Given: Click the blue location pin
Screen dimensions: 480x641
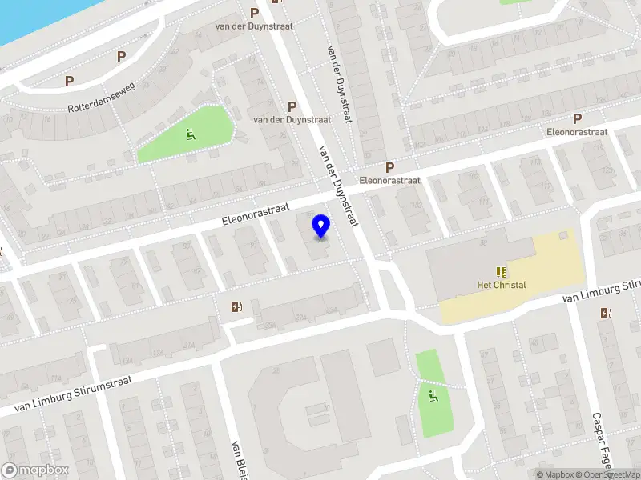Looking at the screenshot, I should click(321, 226).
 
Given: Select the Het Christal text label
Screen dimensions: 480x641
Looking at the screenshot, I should click(502, 285).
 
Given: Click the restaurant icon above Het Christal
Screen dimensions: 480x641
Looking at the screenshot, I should click(502, 272).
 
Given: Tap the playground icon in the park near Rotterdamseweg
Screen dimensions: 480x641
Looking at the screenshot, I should click(190, 134).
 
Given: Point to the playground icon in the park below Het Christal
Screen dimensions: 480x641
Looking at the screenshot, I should click(433, 394).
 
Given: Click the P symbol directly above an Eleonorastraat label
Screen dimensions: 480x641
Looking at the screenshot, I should click(390, 167).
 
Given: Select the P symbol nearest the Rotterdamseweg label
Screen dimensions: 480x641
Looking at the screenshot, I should click(70, 81).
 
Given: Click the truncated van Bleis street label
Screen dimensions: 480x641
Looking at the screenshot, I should click(238, 459).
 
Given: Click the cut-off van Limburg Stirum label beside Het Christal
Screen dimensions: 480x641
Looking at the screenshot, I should click(601, 291).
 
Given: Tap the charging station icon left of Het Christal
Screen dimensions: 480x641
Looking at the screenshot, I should click(236, 306).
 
